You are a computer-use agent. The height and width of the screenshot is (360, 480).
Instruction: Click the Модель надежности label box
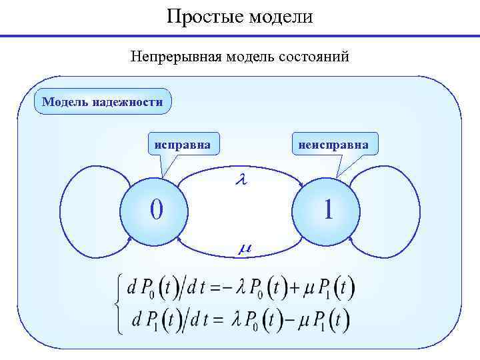[x=102, y=102]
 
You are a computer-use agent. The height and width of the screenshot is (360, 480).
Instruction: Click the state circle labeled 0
[x=155, y=210]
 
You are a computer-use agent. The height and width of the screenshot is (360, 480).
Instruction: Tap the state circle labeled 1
[x=327, y=210]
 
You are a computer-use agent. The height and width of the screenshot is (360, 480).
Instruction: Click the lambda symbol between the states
[x=242, y=180]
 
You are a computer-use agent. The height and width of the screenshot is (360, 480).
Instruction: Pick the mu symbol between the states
[x=244, y=248]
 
